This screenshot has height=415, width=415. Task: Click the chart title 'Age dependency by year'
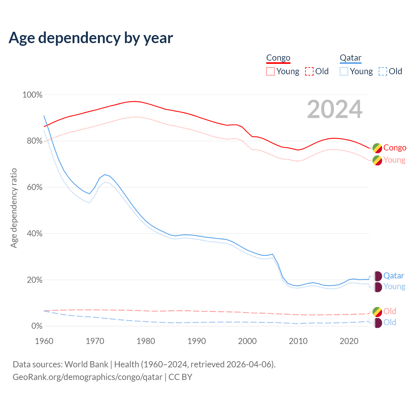coord(91,38)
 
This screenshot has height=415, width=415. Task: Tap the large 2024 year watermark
coord(335,110)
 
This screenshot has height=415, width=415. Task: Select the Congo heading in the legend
coord(278,58)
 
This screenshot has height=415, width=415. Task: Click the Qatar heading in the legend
coord(350,58)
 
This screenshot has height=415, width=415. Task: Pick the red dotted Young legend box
coord(270,71)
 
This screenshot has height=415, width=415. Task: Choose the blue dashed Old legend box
coord(383,71)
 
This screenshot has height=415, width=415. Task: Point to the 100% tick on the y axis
coord(32,95)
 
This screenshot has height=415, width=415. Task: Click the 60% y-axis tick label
coord(34,187)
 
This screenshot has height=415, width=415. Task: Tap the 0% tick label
coord(36,326)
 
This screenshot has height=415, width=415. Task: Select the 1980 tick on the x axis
coord(146,341)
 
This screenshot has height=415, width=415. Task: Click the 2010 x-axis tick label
coord(298,341)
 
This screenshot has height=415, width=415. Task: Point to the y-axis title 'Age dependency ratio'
coord(14,208)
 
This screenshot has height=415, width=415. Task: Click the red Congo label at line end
coord(395,148)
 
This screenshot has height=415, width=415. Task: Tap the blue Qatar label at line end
coord(394,276)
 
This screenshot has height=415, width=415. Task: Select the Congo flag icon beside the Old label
coord(377,312)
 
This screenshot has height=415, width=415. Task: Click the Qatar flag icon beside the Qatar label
coord(377,276)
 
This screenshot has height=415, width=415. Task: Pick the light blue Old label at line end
coord(390,323)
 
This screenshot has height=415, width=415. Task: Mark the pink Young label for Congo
coord(394,160)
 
